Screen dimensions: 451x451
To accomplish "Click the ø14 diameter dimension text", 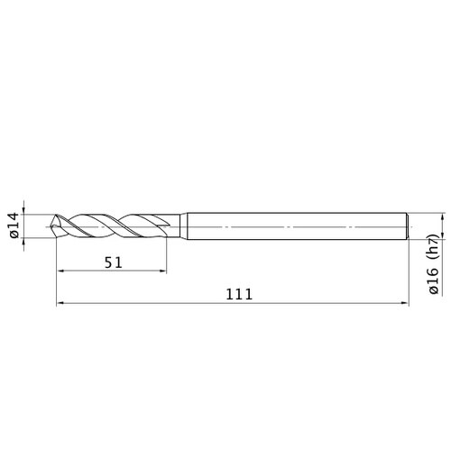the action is click(14, 225).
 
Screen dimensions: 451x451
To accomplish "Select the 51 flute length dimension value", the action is click(114, 262).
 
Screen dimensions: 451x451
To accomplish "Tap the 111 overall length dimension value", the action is click(239, 295).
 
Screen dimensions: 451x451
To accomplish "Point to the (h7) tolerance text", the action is click(434, 246).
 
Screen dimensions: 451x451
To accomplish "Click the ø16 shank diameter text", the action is click(434, 281).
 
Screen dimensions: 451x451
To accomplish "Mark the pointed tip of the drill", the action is click(51, 226).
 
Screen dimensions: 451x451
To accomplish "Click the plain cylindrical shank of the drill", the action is click(297, 226).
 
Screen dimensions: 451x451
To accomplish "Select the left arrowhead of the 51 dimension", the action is click(61, 271).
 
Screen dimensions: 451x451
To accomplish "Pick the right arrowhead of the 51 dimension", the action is click(162, 271).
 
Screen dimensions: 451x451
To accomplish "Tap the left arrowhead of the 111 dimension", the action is click(61, 303).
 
